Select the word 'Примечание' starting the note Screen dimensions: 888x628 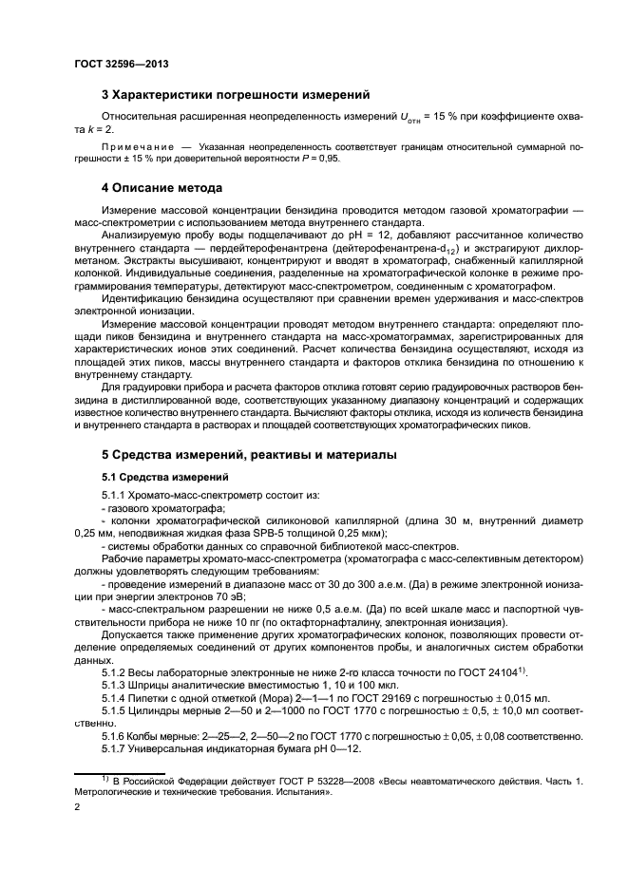coord(139,148)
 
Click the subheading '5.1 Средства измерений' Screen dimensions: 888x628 coord(161,477)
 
